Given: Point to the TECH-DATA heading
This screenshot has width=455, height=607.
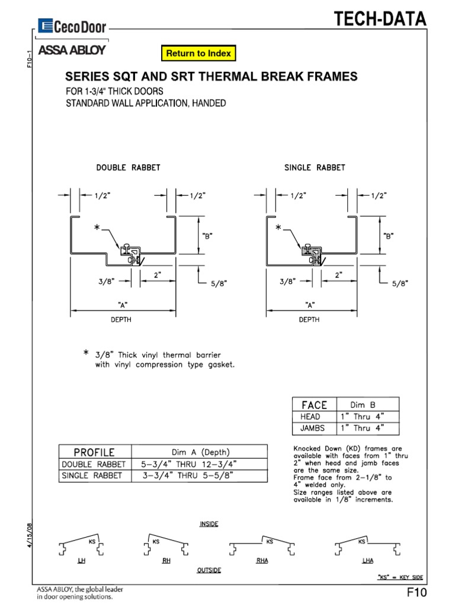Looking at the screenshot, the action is tap(380, 20).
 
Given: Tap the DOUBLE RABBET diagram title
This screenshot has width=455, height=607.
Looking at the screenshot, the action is tap(128, 168).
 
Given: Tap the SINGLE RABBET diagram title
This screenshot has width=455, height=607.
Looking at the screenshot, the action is tap(315, 168).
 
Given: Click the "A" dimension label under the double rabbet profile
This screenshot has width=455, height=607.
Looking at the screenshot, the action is tap(124, 305).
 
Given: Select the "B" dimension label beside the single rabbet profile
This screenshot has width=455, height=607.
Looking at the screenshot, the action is tap(389, 235).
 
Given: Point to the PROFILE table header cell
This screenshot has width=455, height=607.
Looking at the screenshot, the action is tap(95, 452).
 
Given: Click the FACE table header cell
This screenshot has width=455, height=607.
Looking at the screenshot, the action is tap(314, 405).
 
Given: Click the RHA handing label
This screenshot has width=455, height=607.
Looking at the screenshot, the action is tap(262, 560).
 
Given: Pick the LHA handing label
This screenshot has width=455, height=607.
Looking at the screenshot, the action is tap(367, 560).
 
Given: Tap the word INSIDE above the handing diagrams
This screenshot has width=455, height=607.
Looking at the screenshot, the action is tap(209, 523).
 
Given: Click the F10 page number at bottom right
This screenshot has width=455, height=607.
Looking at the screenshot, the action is tap(416, 593).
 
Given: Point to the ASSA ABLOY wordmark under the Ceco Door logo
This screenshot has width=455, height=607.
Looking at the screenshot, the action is tap(72, 50).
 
